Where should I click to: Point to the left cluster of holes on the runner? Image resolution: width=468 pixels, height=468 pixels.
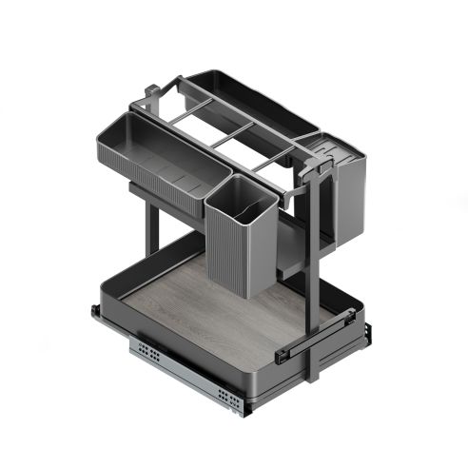coord(148,353)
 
